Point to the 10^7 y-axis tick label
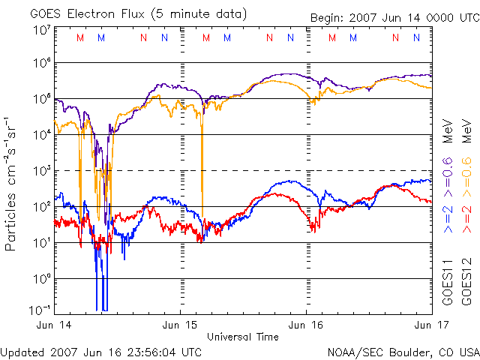tap(41, 30)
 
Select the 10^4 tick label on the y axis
tap(41, 134)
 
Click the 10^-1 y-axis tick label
tap(41, 310)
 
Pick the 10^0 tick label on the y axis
tap(41, 278)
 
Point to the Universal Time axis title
tap(243, 337)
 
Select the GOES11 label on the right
tap(448, 282)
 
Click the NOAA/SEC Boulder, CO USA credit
tap(403, 352)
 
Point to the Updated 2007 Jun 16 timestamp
tap(101, 352)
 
